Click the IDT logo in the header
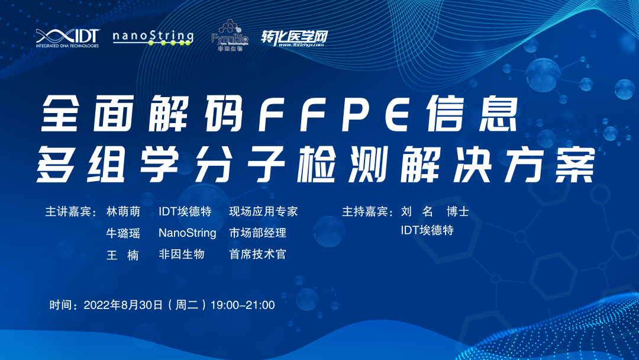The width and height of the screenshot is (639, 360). point(67,37)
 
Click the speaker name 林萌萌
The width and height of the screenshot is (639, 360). point(123,212)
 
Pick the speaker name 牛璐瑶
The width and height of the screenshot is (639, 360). point(123,233)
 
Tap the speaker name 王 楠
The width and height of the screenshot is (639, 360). point(123,255)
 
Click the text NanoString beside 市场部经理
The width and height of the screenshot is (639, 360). point(188,233)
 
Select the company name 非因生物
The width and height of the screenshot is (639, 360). point(182,254)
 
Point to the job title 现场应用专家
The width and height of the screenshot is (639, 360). point(263,212)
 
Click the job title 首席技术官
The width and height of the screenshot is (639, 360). point(257,254)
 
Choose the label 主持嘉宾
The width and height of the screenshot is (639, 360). point(366,212)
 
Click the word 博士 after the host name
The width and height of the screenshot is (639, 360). point(458,212)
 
